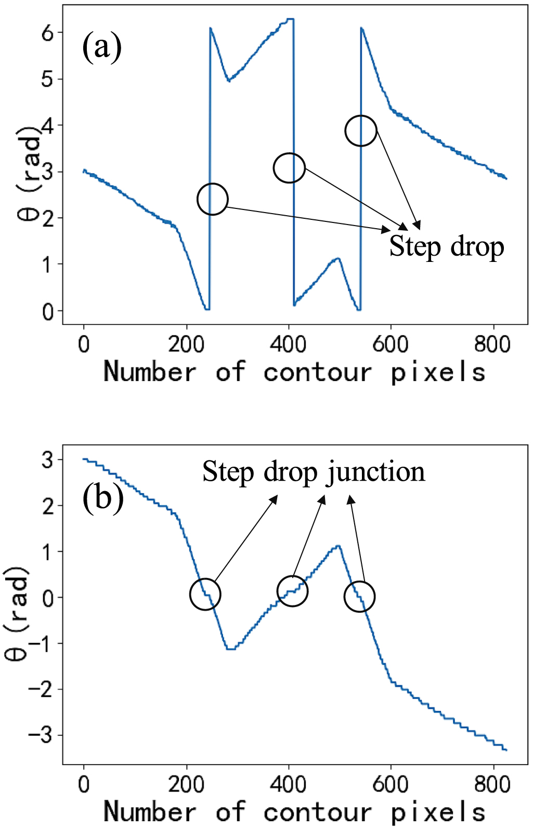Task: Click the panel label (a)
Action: [x=102, y=47]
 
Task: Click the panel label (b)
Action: [x=103, y=497]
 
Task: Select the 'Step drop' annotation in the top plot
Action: [x=446, y=246]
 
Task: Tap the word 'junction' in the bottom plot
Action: [x=375, y=472]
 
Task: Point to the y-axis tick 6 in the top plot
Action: [x=48, y=33]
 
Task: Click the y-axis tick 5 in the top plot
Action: [x=48, y=79]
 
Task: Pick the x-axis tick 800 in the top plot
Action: [x=492, y=345]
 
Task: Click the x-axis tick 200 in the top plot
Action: [x=186, y=345]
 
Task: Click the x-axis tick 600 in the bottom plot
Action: [x=390, y=784]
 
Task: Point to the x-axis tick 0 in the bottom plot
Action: [x=84, y=784]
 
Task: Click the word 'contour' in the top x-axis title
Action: [x=318, y=372]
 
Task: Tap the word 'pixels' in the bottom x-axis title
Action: [x=438, y=812]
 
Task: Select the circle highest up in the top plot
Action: [x=360, y=131]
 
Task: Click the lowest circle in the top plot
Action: [x=212, y=199]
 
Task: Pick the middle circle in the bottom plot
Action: [x=292, y=591]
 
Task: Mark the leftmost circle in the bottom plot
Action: [x=205, y=594]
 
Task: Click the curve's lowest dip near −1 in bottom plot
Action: [x=230, y=649]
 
